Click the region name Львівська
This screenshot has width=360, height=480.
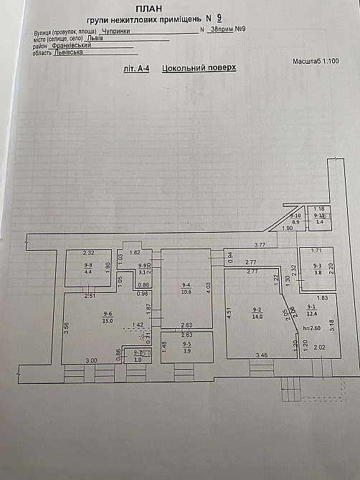coord(69,52)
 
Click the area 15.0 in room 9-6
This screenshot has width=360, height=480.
coord(108,320)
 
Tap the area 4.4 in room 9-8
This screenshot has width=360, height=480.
coord(89,272)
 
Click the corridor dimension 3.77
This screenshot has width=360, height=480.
coord(260,246)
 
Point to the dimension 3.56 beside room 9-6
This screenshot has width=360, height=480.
coord(65,327)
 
